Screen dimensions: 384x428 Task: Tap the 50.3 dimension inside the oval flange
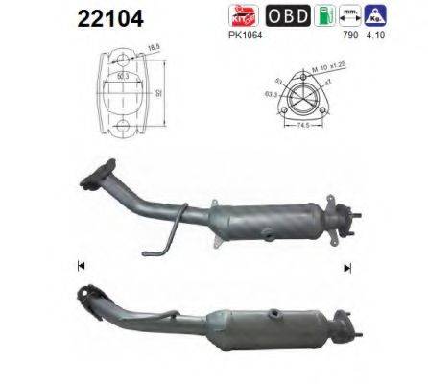[x=122, y=71]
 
